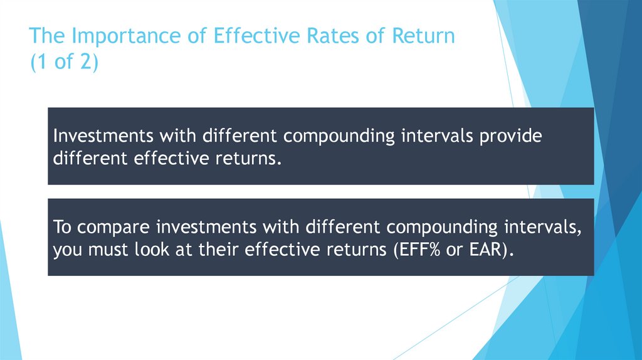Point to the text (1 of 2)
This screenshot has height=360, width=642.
64,63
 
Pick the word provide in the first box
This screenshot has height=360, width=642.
510,136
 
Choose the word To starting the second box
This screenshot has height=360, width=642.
62,226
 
